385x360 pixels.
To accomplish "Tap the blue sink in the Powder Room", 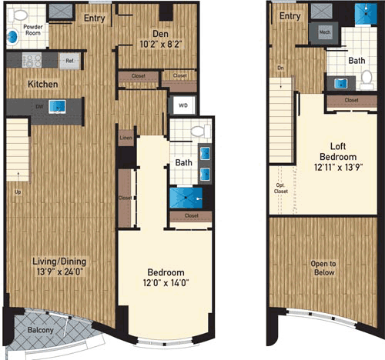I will (x=11, y=36).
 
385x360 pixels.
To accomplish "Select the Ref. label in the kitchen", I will (x=69, y=60).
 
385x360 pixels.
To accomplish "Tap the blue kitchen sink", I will (x=55, y=108).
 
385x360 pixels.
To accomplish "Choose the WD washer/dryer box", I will (x=183, y=105).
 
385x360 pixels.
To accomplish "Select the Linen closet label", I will (x=126, y=139).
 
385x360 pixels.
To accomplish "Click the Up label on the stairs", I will (x=17, y=192).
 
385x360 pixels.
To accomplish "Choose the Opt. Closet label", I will (x=280, y=188).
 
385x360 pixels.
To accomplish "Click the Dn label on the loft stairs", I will (x=280, y=68).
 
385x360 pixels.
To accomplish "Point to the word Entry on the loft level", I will (x=289, y=15).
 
